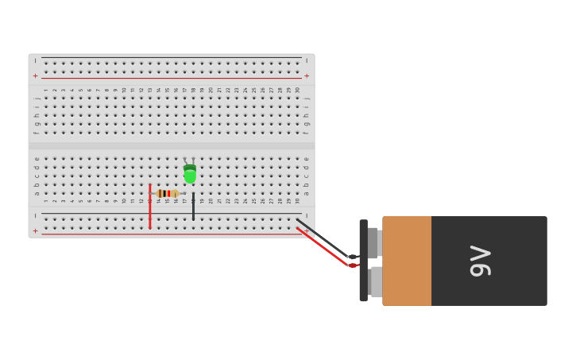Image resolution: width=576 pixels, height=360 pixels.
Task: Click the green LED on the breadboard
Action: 190,173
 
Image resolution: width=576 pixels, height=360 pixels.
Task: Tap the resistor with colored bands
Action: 167,193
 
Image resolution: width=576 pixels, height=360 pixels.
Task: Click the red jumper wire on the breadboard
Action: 149,206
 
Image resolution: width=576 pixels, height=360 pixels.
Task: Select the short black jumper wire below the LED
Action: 193,207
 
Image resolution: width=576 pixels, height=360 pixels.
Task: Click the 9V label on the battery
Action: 481,261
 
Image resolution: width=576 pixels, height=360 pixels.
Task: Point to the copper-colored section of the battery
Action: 407,261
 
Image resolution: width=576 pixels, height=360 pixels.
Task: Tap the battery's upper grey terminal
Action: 373,242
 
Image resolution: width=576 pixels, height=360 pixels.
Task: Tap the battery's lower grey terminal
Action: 375,281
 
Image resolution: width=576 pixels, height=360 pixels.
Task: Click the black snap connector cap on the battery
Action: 363,261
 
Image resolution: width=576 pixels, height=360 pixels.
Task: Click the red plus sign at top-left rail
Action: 35,76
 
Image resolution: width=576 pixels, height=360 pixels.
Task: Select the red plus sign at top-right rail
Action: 307,76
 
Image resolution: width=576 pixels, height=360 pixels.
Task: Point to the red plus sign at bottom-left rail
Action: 35,231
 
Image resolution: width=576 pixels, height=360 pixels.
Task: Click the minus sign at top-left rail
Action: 35,60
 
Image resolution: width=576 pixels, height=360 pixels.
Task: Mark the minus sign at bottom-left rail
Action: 35,215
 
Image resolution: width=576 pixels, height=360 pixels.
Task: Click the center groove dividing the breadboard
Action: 171,145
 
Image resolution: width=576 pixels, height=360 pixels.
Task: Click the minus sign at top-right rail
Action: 307,60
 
